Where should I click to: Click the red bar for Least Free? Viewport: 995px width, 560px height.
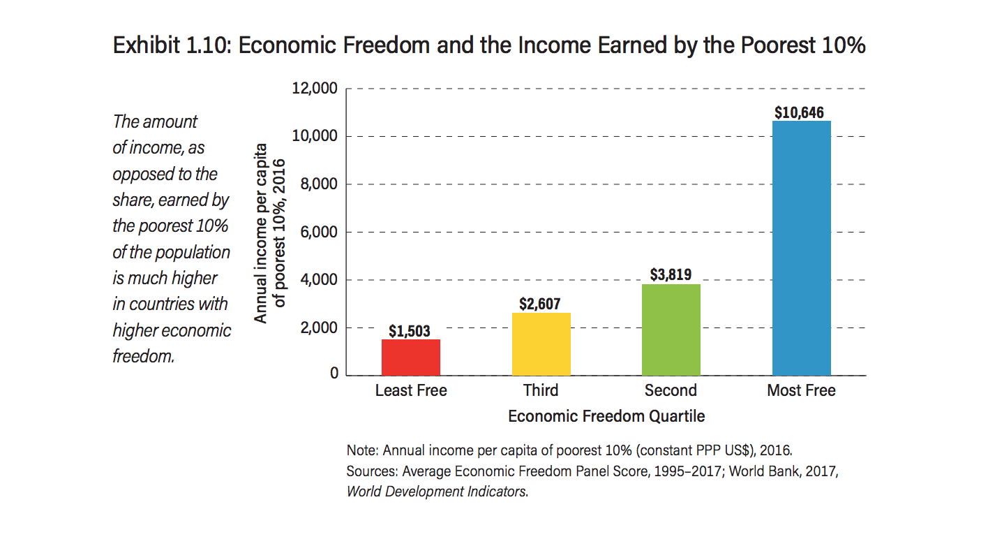[x=410, y=357]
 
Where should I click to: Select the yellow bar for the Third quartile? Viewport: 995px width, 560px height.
[x=541, y=344]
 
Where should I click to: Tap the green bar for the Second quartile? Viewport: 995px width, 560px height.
[x=671, y=330]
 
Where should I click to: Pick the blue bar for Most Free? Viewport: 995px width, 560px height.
[x=801, y=248]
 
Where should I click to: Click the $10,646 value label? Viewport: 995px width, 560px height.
[x=801, y=112]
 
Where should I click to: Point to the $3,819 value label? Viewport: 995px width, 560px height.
[x=671, y=275]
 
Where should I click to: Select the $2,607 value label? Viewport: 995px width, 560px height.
[x=541, y=304]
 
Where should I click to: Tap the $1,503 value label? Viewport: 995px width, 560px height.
[x=410, y=331]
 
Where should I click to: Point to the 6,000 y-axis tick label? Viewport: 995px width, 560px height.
[x=318, y=233]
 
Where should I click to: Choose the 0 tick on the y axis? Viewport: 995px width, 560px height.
[x=334, y=374]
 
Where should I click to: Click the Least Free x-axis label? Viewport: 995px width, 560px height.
[x=410, y=390]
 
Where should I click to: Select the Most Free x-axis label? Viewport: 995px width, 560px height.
[x=801, y=390]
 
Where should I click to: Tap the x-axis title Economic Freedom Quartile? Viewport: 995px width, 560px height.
[x=606, y=417]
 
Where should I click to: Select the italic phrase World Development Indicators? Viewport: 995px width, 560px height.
[x=437, y=491]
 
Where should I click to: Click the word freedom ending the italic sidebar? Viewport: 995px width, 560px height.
[x=142, y=356]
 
